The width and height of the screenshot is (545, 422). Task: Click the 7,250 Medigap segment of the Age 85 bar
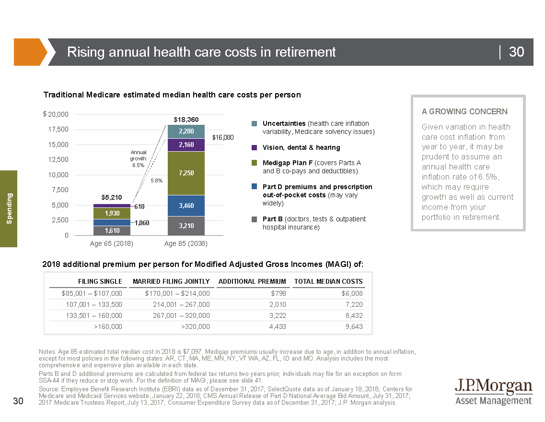point(186,173)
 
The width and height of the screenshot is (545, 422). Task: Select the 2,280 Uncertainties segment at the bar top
point(186,131)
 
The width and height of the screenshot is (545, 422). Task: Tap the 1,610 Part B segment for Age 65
point(112,230)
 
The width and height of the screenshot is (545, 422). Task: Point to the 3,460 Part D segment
point(186,205)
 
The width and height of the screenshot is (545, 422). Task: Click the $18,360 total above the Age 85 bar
point(186,119)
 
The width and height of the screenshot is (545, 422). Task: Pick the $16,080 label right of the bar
point(223,137)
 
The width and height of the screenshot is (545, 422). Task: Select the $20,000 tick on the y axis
point(56,114)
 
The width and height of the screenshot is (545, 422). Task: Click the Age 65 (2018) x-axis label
point(112,243)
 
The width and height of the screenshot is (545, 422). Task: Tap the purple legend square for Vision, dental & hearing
point(255,147)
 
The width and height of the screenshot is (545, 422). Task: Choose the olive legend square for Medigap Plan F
point(255,163)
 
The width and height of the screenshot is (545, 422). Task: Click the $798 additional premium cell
point(278,293)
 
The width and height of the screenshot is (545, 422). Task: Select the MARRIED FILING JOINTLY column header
point(171,281)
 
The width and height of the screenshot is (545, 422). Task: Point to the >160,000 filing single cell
point(108,326)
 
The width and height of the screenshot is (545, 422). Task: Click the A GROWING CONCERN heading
point(464,111)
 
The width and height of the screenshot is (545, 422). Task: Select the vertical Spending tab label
point(9,208)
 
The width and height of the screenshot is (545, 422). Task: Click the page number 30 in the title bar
point(516,52)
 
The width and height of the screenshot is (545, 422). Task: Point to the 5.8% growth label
point(156,181)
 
